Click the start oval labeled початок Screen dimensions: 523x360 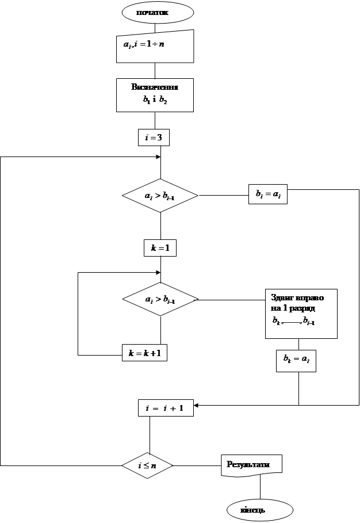click(x=155, y=12)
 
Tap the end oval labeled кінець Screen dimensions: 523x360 click(x=260, y=510)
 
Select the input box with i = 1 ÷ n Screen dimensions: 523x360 click(x=155, y=45)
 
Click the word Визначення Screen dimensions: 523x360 click(x=154, y=87)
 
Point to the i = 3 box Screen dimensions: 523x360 click(x=154, y=138)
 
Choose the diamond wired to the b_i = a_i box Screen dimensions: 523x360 click(x=160, y=196)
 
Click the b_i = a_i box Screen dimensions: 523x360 click(x=267, y=194)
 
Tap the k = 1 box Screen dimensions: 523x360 click(x=160, y=248)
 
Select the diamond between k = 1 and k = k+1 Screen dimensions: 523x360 click(x=160, y=299)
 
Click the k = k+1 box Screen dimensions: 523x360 click(x=144, y=353)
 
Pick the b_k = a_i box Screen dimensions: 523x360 click(x=296, y=360)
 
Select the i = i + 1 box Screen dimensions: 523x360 click(x=166, y=408)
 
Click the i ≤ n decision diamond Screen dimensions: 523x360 click(x=147, y=465)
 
